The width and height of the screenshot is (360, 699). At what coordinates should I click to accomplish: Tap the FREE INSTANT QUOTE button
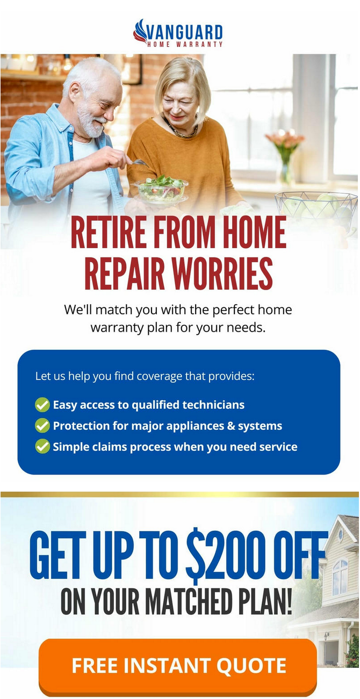[x=178, y=666]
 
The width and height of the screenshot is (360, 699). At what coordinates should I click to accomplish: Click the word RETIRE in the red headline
[x=109, y=233]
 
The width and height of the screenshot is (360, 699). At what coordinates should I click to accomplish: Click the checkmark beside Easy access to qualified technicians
[x=42, y=405]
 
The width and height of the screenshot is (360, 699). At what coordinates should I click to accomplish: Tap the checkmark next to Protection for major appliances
[x=42, y=426]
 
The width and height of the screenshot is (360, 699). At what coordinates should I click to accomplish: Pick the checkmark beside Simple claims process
[x=42, y=446]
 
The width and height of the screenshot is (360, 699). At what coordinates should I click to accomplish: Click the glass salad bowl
[x=161, y=189]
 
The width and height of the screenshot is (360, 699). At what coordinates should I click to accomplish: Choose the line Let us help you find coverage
[x=145, y=376]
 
